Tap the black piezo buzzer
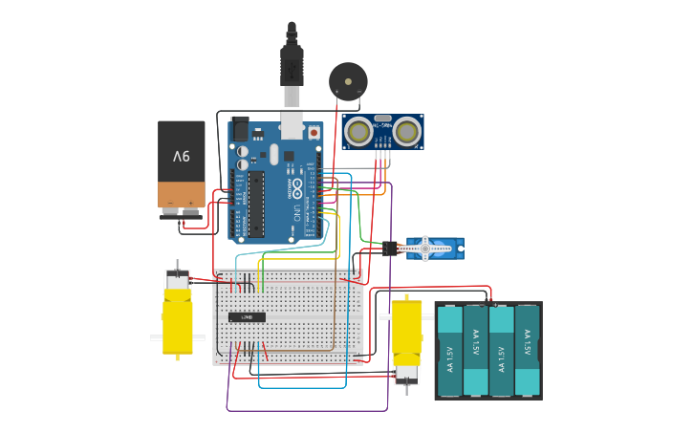click(347, 80)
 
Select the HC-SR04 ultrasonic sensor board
click(382, 132)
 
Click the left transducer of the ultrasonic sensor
click(359, 131)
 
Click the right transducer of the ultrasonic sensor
click(407, 131)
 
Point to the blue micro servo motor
click(434, 249)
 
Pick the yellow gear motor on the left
click(177, 315)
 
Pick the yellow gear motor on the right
click(407, 339)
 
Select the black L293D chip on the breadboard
click(247, 316)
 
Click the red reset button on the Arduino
click(314, 132)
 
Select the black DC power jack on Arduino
click(240, 128)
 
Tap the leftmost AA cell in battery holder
click(449, 351)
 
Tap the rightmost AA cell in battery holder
click(527, 351)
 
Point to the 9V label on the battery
click(182, 156)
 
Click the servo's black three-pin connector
click(390, 249)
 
